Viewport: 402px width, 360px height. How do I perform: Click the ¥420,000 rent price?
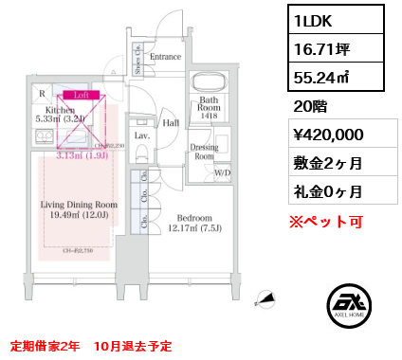[323, 135]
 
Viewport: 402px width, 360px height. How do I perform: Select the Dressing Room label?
[205, 152]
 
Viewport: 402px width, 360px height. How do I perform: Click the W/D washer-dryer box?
[224, 172]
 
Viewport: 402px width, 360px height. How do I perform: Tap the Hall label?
[171, 122]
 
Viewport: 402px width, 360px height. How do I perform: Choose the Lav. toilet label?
[139, 136]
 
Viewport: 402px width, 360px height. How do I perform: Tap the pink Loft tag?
[80, 96]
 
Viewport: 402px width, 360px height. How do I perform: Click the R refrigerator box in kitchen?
[42, 94]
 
